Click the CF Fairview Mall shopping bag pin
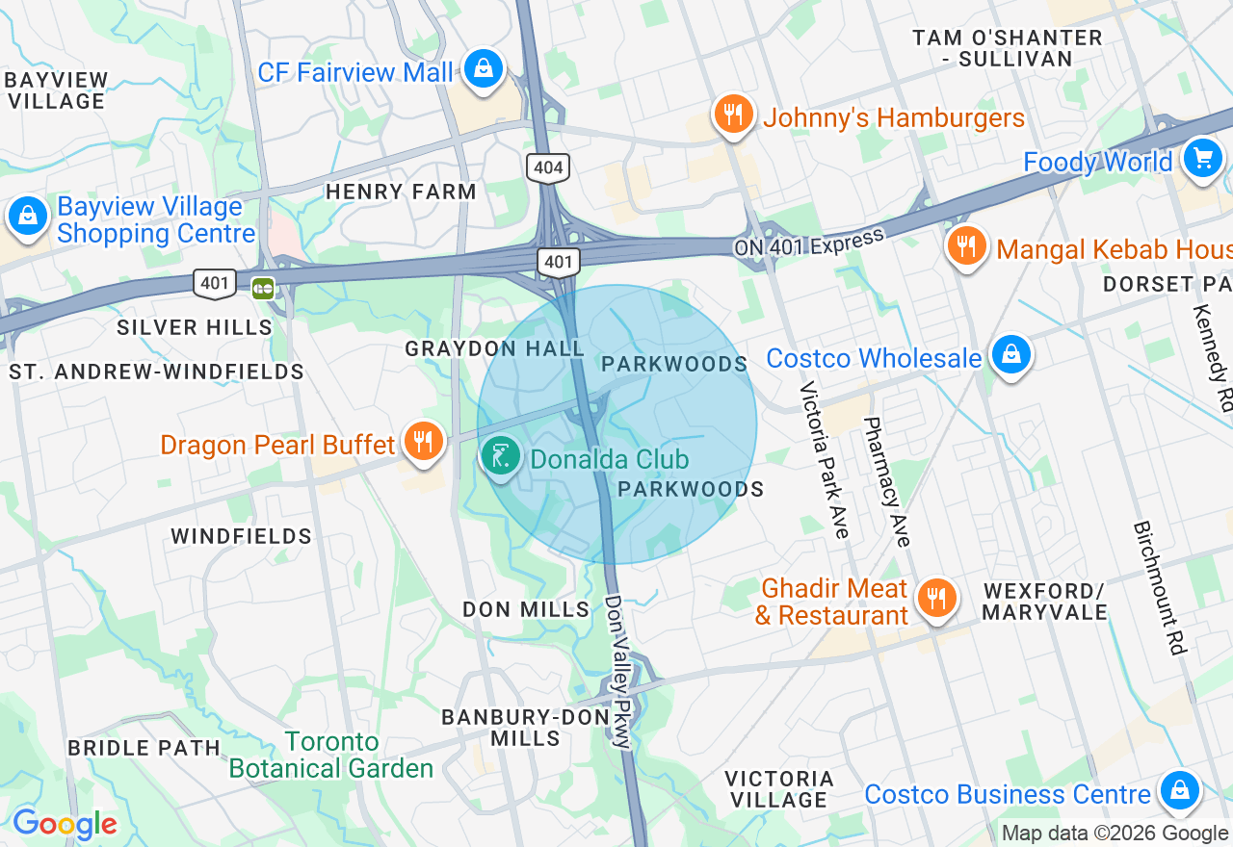tap(483, 69)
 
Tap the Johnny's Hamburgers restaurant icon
tap(733, 115)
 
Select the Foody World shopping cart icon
tap(1202, 158)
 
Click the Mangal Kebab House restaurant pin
tap(966, 246)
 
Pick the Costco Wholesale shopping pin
tap(1010, 355)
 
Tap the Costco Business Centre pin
tap(1178, 791)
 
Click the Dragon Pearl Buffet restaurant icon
tap(422, 442)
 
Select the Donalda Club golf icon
tap(500, 455)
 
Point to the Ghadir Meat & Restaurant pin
tap(934, 599)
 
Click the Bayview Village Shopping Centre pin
tap(28, 217)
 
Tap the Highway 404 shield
tap(548, 168)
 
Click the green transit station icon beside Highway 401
tap(262, 288)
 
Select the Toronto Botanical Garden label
tap(331, 756)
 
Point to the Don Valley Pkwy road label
tap(619, 671)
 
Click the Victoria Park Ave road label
tap(825, 460)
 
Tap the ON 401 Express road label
tap(808, 243)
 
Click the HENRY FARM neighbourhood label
tap(401, 192)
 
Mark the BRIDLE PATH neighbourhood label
tap(144, 748)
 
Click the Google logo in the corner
tap(65, 825)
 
